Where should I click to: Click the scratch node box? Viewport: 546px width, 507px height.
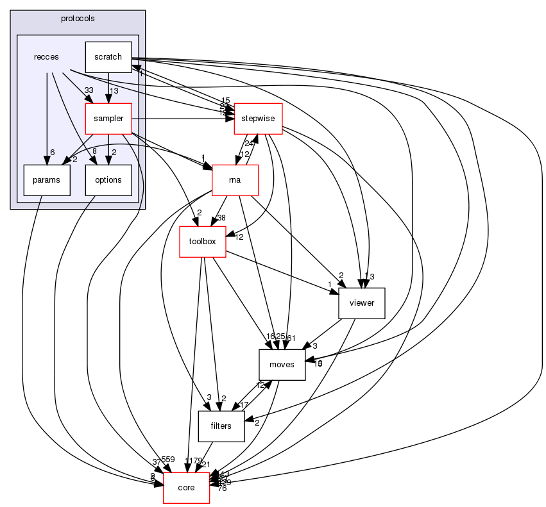108,57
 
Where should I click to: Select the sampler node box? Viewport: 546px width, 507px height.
108,119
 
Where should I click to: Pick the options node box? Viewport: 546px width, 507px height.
108,180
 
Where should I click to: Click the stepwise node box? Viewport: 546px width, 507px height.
258,119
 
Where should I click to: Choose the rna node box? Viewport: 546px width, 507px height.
235,180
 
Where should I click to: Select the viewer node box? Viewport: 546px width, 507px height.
361,303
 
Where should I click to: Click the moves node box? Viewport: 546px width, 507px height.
282,365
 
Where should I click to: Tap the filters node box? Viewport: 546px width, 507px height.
222,426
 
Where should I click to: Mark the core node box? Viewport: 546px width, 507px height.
187,488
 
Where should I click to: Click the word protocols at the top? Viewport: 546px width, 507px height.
78,18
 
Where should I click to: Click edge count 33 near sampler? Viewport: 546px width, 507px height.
89,90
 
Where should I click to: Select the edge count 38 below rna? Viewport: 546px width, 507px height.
221,218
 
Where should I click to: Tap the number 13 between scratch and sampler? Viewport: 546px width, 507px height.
114,90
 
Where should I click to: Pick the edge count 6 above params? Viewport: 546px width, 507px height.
53,151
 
